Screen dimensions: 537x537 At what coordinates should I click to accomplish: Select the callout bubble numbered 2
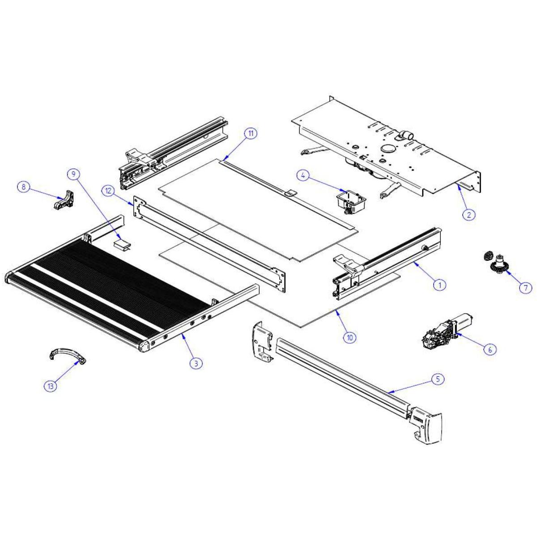pyautogui.click(x=469, y=215)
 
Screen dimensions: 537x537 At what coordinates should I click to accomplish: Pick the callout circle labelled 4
pyautogui.click(x=303, y=175)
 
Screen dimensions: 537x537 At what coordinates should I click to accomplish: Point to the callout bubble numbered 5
pyautogui.click(x=438, y=379)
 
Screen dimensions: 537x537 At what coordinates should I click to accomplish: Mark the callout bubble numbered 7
pyautogui.click(x=525, y=288)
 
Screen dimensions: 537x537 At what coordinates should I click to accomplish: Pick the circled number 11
pyautogui.click(x=251, y=134)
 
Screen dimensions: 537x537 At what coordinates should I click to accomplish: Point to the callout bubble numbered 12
pyautogui.click(x=108, y=190)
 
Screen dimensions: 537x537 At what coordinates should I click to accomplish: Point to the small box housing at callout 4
pyautogui.click(x=351, y=202)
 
